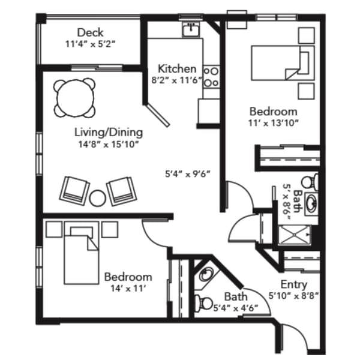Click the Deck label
point(90,32)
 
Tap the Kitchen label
point(177,68)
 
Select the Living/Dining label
point(109,132)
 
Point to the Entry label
point(293,284)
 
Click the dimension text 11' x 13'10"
point(273,124)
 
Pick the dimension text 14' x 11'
point(128,289)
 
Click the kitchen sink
point(192,29)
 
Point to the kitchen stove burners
point(211,77)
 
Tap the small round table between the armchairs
point(97,196)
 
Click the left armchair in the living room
point(74,190)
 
